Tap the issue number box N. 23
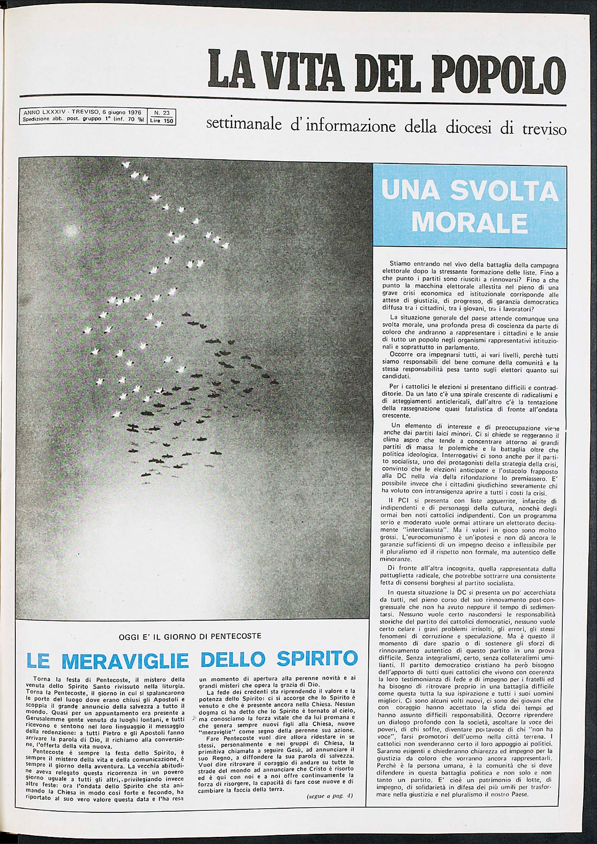[161, 112]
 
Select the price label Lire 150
[161, 121]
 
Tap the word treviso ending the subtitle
[544, 129]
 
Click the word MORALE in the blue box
[469, 222]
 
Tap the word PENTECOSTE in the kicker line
[235, 636]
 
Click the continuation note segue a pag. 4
[329, 796]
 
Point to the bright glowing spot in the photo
[72, 231]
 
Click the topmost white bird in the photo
[126, 164]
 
